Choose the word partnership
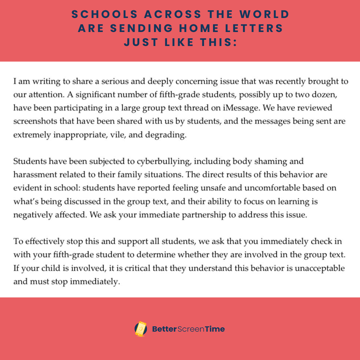204,215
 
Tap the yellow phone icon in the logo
141,329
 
